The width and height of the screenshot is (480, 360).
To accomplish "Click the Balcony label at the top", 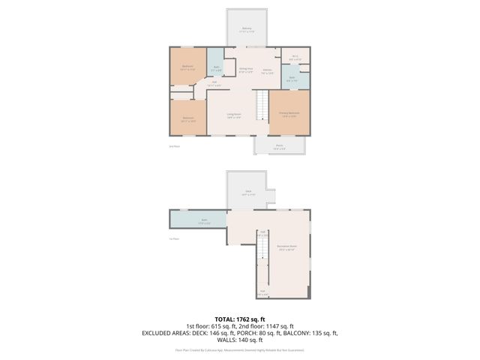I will pyautogui.click(x=247, y=30).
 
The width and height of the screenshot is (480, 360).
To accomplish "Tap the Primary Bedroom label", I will pyautogui.click(x=289, y=115).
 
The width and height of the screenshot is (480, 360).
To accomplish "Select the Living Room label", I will pyautogui.click(x=233, y=115).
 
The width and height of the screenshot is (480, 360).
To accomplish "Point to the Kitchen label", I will pyautogui.click(x=267, y=72).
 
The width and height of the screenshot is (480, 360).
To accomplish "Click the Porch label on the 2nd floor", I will pyautogui.click(x=278, y=146).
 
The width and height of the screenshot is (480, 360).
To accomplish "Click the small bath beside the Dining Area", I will pyautogui.click(x=216, y=68).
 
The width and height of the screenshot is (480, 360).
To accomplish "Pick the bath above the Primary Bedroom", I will pyautogui.click(x=292, y=78).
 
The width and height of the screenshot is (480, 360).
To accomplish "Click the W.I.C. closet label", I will pyautogui.click(x=295, y=57).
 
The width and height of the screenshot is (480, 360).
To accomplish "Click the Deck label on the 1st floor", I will pyautogui.click(x=247, y=194).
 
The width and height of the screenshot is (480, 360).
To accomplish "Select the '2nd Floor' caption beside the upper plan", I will pyautogui.click(x=174, y=146).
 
